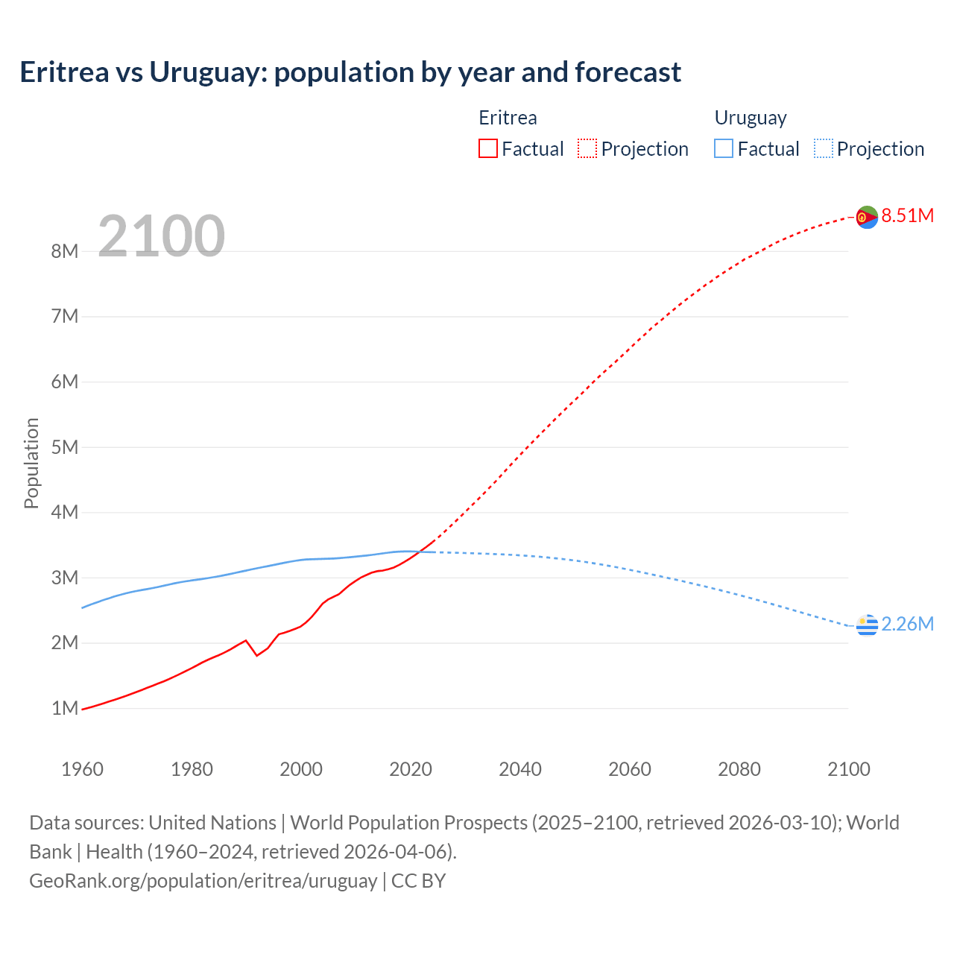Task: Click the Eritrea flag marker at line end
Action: tap(867, 217)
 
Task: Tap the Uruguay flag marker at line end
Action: tap(867, 625)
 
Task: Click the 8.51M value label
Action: tap(907, 215)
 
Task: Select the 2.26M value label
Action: tap(907, 624)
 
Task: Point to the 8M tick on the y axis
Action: tap(65, 251)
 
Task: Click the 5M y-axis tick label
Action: tap(65, 447)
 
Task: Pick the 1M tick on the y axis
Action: tap(65, 708)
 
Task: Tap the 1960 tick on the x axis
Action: tap(82, 769)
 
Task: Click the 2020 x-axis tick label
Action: tap(411, 769)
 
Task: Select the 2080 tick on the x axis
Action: tap(739, 769)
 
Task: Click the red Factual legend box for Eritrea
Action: tap(488, 148)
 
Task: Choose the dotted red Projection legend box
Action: tap(587, 148)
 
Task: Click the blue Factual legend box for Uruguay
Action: tap(724, 148)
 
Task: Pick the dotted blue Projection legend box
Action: tap(823, 148)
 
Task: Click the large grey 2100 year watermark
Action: tap(161, 236)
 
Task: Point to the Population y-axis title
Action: tap(31, 463)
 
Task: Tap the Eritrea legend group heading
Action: tap(508, 118)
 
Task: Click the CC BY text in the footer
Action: tap(419, 880)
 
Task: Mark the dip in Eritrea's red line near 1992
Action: tap(257, 655)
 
